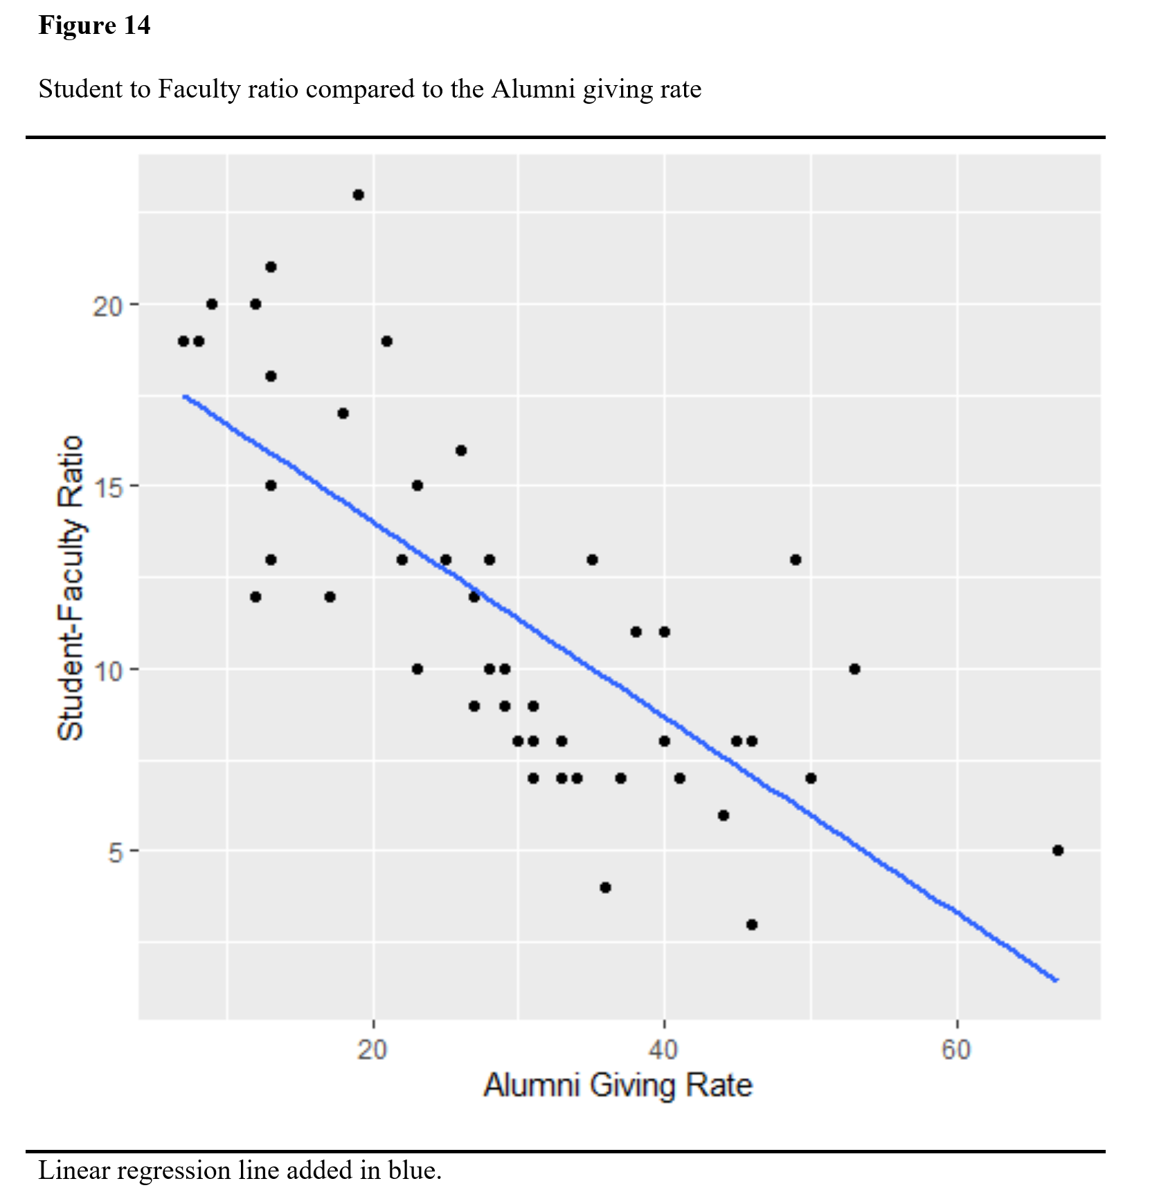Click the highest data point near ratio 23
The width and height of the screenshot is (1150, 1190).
358,195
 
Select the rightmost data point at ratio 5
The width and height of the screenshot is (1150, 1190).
1057,850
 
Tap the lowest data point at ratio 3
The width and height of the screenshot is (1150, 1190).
752,924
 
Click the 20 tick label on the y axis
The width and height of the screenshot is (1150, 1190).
107,305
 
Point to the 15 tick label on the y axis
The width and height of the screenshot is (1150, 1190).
107,486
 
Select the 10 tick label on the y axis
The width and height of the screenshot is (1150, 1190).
107,670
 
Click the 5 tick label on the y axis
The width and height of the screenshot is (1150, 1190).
115,852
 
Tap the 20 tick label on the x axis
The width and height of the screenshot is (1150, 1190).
372,1050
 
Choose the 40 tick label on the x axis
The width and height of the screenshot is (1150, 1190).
664,1050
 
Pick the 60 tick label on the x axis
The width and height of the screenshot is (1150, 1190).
956,1050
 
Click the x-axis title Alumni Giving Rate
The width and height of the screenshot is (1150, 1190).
618,1085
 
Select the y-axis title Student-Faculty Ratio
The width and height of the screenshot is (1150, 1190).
71,588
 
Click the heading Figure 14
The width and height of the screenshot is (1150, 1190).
94,26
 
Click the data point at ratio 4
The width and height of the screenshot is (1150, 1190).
605,888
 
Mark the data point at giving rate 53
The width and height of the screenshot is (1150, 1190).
854,669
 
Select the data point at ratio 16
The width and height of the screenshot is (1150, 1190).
461,450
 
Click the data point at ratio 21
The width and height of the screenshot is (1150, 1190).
271,267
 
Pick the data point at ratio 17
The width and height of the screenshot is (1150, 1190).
343,414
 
